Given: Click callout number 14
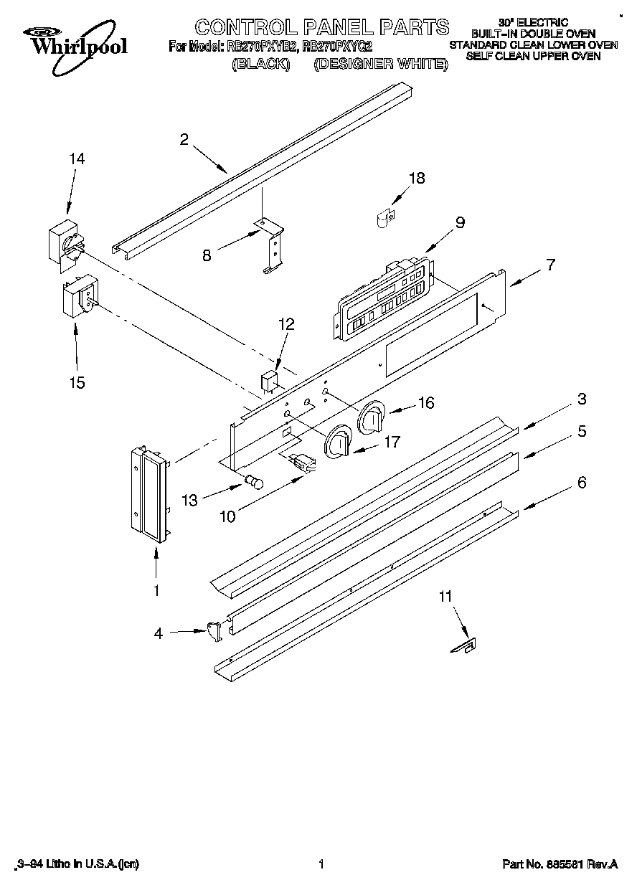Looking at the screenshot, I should (76, 159).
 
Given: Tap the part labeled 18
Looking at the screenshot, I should (384, 217).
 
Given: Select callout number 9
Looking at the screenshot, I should (459, 222).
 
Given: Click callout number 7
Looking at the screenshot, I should (549, 265).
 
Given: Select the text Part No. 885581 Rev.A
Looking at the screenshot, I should (560, 865).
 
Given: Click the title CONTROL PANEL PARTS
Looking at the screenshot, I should (322, 28).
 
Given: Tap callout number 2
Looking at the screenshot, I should (184, 140).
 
